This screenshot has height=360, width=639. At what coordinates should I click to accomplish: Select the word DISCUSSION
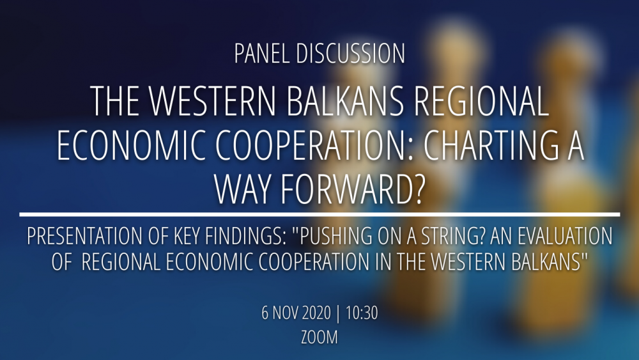[x=350, y=54]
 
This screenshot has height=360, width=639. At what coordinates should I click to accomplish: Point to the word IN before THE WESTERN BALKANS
[x=384, y=262]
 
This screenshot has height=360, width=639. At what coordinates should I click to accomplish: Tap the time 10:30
[x=362, y=313]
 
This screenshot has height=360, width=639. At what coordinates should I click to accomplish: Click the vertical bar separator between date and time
[x=338, y=313]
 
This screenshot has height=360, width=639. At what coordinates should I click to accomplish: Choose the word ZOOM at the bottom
[x=319, y=337]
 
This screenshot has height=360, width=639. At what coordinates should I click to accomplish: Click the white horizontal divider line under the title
[x=319, y=214]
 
